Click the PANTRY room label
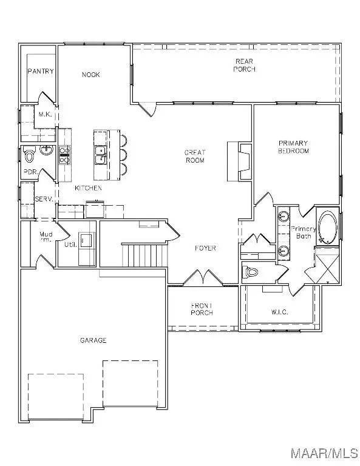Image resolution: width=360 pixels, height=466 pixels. click(41, 71)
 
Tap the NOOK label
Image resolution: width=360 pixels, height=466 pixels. click(91, 75)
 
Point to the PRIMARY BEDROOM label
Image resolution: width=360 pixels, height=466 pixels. click(293, 146)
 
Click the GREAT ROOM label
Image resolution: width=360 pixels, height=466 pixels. click(195, 157)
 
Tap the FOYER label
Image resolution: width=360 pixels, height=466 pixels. click(206, 248)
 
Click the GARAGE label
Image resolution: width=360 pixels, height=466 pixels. click(93, 340)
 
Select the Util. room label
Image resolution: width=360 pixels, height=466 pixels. click(70, 244)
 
